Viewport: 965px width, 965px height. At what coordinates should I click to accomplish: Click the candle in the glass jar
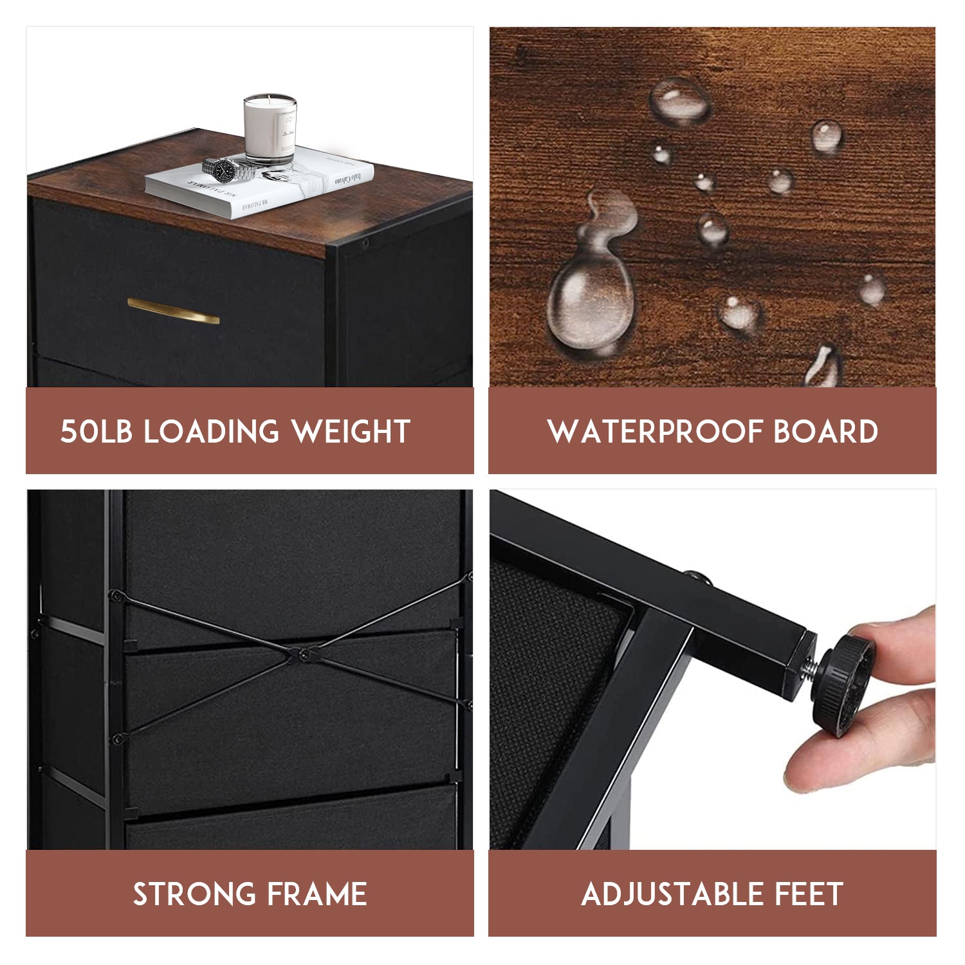pyautogui.click(x=270, y=129)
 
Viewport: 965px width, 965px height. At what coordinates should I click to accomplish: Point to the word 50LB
pyautogui.click(x=96, y=432)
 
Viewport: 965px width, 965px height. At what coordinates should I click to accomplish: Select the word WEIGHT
pyautogui.click(x=351, y=432)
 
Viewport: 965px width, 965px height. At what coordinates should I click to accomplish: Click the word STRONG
pyautogui.click(x=193, y=894)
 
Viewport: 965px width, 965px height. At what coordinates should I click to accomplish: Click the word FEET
pyautogui.click(x=809, y=894)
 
